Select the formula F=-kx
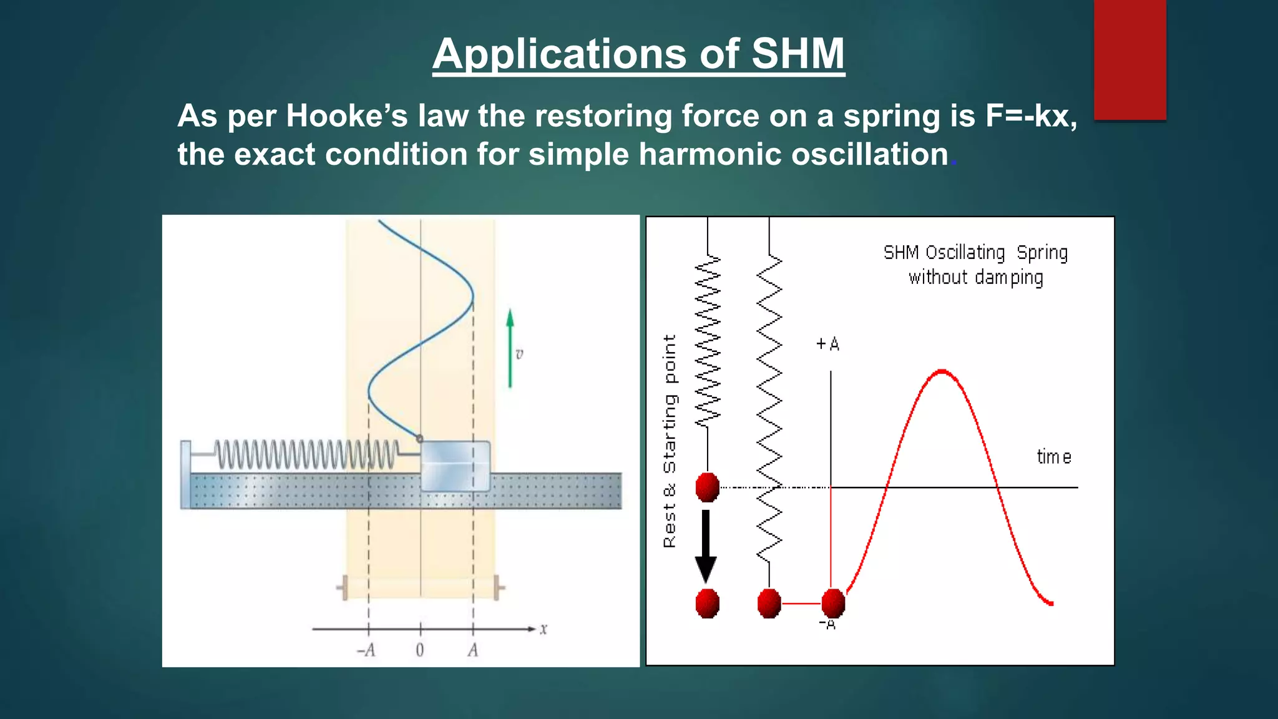(x=1030, y=116)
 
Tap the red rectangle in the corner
(x=1129, y=59)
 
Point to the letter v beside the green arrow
(x=519, y=355)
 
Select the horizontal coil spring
(x=306, y=454)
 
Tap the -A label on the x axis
(x=366, y=650)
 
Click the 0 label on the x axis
(x=420, y=650)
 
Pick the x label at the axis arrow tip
(x=544, y=629)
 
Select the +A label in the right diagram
(x=828, y=344)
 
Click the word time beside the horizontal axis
(x=1054, y=457)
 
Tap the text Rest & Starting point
(x=670, y=441)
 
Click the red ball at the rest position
(x=708, y=487)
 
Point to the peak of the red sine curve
(x=942, y=372)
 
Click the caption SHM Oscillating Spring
(x=975, y=253)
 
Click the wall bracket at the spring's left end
(x=185, y=474)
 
